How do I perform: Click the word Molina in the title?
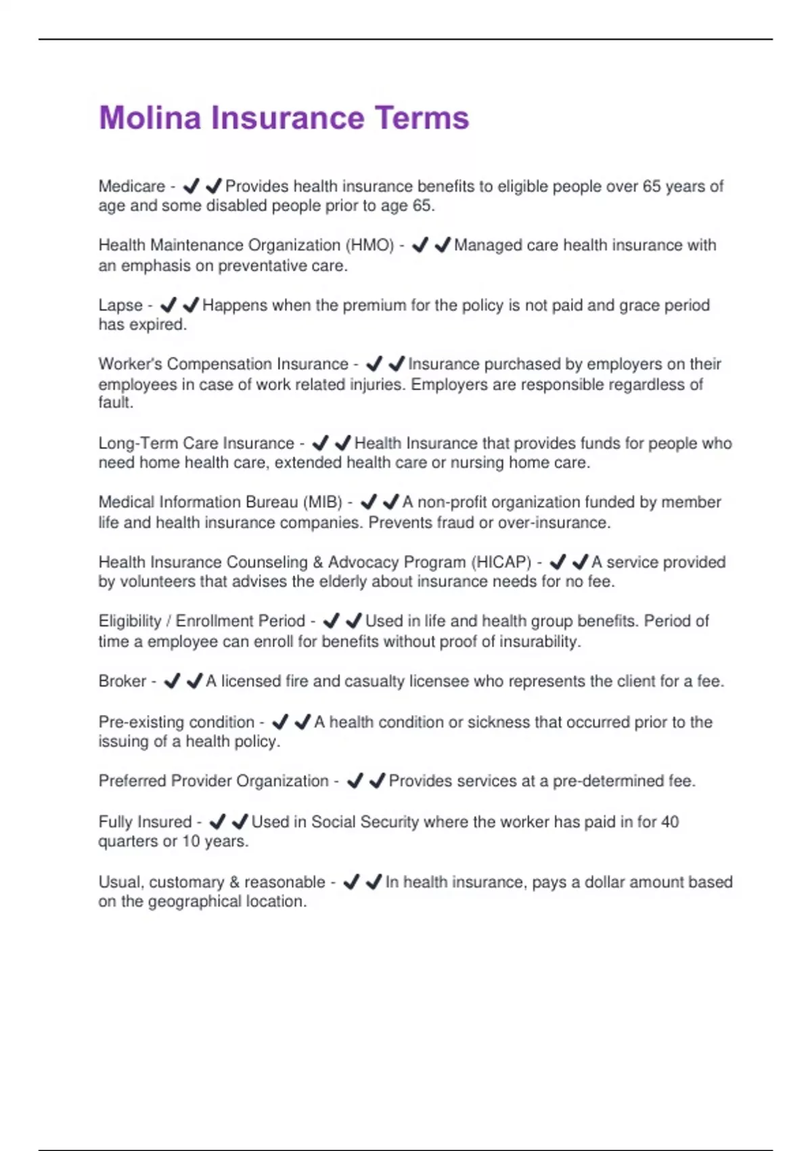tap(150, 118)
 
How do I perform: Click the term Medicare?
tap(132, 186)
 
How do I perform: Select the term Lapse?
tap(120, 305)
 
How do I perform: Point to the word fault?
tap(115, 402)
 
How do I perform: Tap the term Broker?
tap(122, 681)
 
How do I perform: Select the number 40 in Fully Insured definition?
tap(669, 822)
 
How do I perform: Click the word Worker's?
tap(130, 364)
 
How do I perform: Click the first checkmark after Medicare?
tap(191, 186)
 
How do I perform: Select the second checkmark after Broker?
tap(194, 680)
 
